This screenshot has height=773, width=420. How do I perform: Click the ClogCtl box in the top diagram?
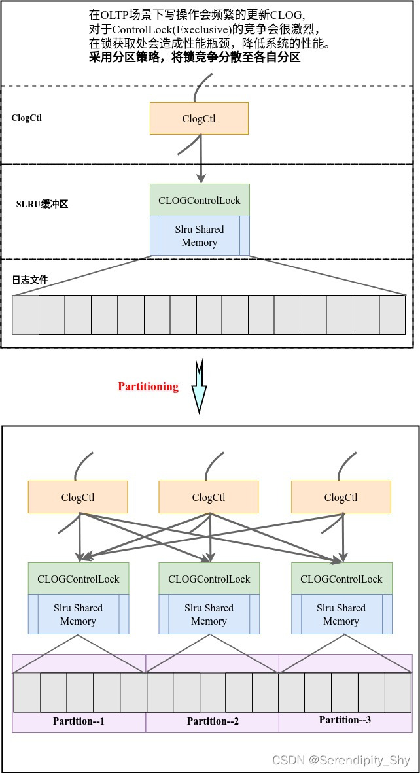tap(199, 118)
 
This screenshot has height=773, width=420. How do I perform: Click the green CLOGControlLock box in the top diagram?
tap(200, 200)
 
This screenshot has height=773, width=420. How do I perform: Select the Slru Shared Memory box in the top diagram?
tap(200, 236)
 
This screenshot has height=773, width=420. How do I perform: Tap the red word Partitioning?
tap(148, 386)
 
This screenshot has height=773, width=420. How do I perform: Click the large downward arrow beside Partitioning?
tap(199, 386)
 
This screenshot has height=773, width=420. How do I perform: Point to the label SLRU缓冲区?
tap(42, 204)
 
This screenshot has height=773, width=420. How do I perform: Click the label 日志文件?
tap(30, 280)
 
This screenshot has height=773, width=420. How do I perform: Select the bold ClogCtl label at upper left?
tap(27, 118)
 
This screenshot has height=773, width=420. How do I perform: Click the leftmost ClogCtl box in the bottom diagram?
tap(78, 497)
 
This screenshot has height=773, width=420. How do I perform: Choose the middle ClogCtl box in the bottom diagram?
tap(209, 497)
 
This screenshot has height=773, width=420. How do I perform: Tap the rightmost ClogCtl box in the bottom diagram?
tap(341, 497)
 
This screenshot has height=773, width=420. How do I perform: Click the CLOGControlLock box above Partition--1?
tap(79, 579)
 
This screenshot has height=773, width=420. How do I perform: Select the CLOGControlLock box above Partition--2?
tap(209, 579)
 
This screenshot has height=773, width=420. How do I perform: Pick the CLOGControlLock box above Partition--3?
tap(341, 579)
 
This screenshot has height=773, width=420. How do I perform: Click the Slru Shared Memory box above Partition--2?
tap(209, 615)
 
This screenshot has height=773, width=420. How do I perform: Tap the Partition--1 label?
tap(79, 721)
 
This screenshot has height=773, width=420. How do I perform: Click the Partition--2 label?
tap(213, 721)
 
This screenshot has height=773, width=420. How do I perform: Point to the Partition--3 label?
tap(345, 720)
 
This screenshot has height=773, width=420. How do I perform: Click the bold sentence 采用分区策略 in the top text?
tap(194, 57)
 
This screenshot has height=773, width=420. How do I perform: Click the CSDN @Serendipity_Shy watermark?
tap(341, 761)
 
